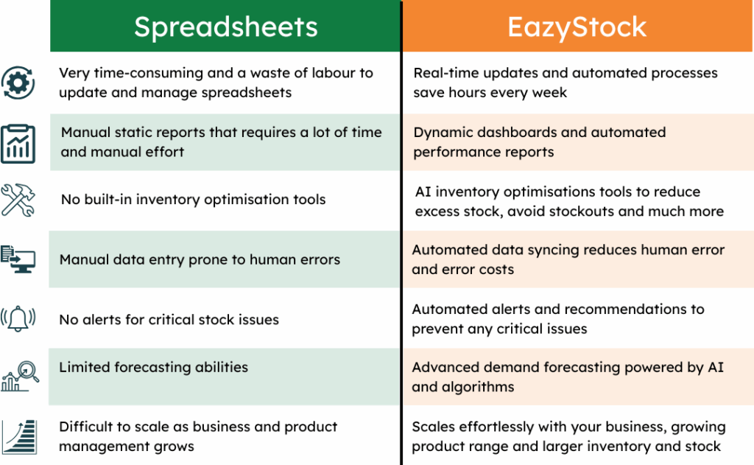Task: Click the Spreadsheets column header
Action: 225,27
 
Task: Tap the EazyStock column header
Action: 577,27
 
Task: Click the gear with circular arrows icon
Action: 18,83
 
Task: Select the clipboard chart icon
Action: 18,143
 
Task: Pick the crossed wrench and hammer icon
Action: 18,200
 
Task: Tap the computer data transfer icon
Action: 18,259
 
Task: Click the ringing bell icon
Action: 18,319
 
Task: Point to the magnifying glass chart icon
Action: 18,375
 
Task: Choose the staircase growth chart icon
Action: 18,436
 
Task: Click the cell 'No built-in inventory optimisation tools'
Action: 193,200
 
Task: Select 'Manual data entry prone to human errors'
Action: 200,259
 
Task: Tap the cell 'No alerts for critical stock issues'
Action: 169,320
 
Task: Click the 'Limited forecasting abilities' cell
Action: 153,367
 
